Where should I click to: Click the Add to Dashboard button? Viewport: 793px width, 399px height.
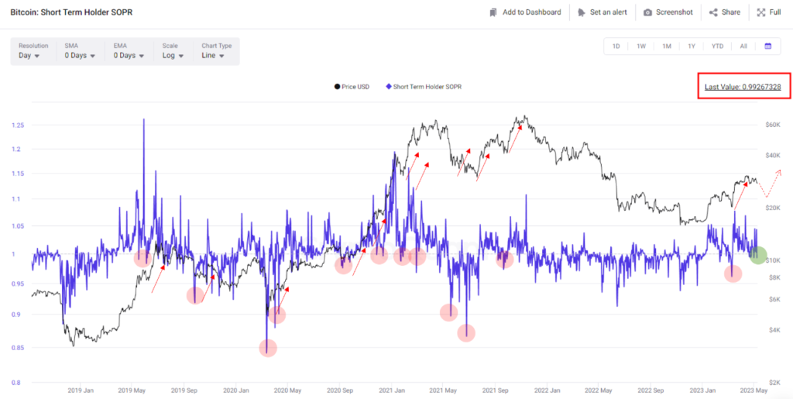click(525, 12)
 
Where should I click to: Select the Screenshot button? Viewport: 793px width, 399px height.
click(668, 12)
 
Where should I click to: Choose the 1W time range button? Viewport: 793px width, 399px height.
click(641, 46)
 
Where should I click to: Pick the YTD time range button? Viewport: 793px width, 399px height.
click(717, 46)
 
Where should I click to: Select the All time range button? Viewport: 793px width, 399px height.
click(743, 46)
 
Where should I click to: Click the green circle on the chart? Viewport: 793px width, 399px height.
click(758, 254)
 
